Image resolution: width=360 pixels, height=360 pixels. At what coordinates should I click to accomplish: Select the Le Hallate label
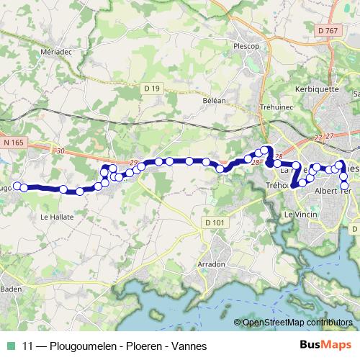(57, 215)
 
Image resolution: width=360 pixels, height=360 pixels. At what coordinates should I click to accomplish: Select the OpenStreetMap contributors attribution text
(297, 323)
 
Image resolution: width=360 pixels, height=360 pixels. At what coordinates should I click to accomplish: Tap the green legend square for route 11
(10, 346)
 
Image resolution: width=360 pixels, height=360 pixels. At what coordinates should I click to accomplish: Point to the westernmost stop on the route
(17, 186)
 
